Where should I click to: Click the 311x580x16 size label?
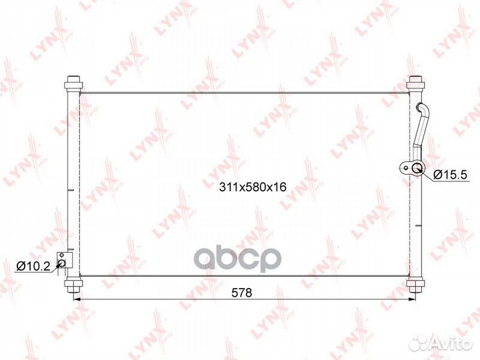pyautogui.click(x=253, y=187)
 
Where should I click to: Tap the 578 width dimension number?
pyautogui.click(x=242, y=293)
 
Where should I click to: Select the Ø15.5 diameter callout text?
pyautogui.click(x=450, y=175)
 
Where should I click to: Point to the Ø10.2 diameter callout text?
pyautogui.click(x=33, y=266)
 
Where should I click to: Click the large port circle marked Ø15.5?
pyautogui.click(x=417, y=168)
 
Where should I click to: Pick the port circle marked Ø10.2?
pyautogui.click(x=62, y=263)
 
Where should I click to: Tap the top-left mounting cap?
pyautogui.click(x=73, y=83)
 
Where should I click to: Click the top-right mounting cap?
pyautogui.click(x=415, y=83)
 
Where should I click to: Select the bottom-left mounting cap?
pyautogui.click(x=73, y=285)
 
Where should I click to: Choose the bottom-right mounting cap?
pyautogui.click(x=415, y=285)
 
